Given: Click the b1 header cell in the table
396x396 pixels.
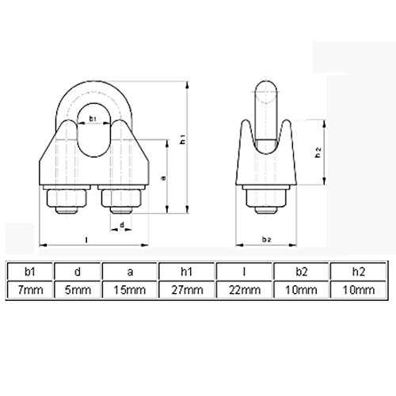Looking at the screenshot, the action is (x=30, y=272).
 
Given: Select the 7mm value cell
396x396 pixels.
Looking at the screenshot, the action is (x=30, y=290).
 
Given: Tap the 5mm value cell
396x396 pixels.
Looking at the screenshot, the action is (x=78, y=290).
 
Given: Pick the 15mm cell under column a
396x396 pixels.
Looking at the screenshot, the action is (x=130, y=290).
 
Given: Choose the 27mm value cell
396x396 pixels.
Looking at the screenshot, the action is (x=187, y=290).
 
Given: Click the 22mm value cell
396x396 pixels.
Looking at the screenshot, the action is (x=244, y=290).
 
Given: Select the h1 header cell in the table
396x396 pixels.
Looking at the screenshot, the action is (x=187, y=272).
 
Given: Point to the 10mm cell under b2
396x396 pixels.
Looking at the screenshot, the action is (x=301, y=290).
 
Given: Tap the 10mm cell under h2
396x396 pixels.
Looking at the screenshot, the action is (x=358, y=290).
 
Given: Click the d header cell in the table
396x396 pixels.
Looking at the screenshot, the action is (x=78, y=272).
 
